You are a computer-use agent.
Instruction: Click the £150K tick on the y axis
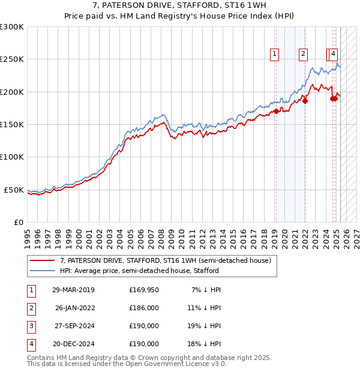pyautogui.click(x=12, y=124)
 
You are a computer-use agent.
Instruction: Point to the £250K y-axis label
pyautogui.click(x=12, y=59)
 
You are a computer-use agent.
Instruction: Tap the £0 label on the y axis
pyautogui.click(x=17, y=222)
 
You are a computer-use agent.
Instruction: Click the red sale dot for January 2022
pyautogui.click(x=305, y=101)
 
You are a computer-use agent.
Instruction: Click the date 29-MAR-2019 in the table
pyautogui.click(x=73, y=290)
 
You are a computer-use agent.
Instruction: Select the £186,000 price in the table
pyautogui.click(x=143, y=308)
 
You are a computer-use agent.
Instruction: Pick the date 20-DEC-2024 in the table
pyautogui.click(x=73, y=344)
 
